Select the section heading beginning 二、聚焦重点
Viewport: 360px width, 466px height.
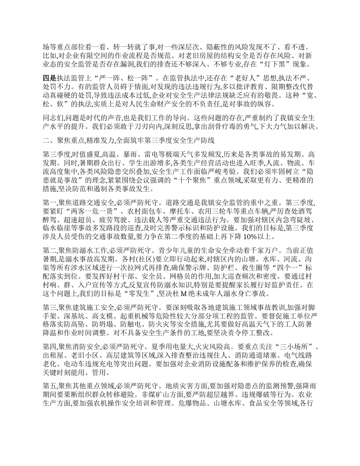pyautogui.click(x=129, y=141)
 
